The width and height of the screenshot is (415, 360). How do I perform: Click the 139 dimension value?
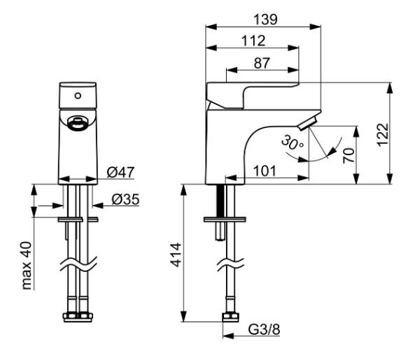click(265, 20)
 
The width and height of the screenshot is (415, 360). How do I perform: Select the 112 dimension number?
click(253, 41)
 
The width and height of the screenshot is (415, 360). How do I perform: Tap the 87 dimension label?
click(262, 64)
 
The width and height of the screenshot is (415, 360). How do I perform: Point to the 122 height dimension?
click(383, 135)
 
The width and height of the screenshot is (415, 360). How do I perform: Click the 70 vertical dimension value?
click(349, 155)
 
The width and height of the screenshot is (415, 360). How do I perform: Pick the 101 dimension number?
click(265, 171)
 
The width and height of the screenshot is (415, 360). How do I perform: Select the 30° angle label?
click(293, 143)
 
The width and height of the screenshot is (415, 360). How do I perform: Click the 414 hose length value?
click(176, 255)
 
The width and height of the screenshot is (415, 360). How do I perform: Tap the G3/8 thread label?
click(264, 329)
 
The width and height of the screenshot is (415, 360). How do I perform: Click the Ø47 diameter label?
click(120, 173)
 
